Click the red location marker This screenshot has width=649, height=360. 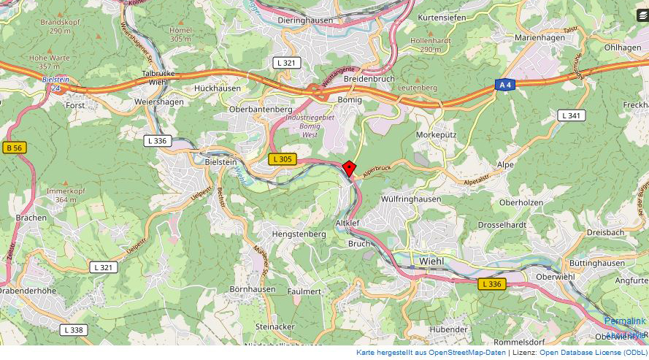(x=349, y=169)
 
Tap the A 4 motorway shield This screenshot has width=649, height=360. (x=504, y=85)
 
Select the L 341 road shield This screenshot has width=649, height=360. (x=571, y=115)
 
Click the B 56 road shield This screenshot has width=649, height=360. (x=14, y=148)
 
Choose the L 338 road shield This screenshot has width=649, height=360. (x=73, y=330)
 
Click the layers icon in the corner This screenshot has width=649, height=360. (x=642, y=15)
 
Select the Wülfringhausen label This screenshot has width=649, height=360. (x=411, y=199)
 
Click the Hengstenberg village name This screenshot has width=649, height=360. (x=299, y=234)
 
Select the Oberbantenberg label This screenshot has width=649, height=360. (x=261, y=110)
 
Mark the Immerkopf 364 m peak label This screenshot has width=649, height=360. (x=61, y=195)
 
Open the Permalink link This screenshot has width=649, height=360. (x=625, y=321)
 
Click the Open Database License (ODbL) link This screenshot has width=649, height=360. (x=593, y=353)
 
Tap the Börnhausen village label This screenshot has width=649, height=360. (x=253, y=289)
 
